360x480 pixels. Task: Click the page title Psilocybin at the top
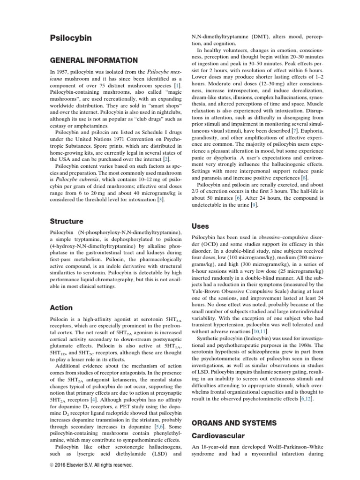click(71, 37)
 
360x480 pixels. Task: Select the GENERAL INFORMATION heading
click(94, 60)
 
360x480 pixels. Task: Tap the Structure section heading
click(66, 221)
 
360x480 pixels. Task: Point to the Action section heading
click(61, 307)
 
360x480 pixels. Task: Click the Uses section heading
click(200, 226)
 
